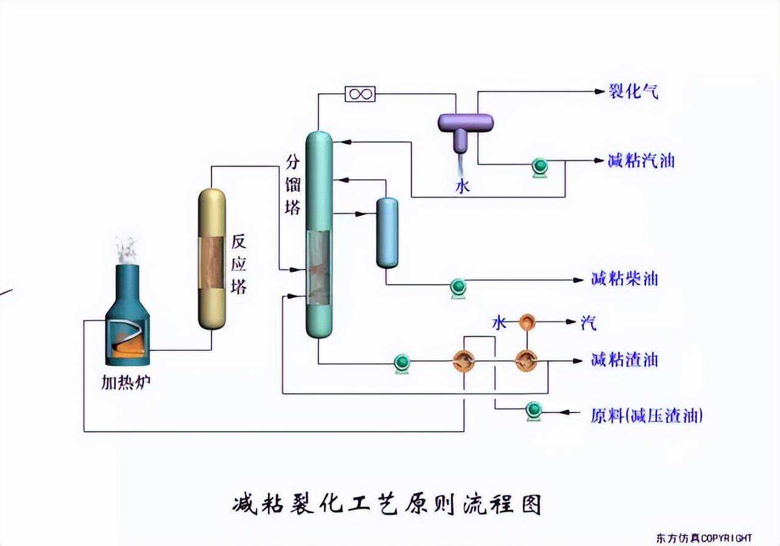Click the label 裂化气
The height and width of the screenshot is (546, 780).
pos(634,92)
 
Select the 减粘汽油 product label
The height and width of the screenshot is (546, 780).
pos(641,161)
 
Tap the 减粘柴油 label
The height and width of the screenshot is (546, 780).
pos(625,280)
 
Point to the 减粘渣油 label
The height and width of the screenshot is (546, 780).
pos(625,360)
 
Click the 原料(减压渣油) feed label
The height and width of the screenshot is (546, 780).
pos(647,416)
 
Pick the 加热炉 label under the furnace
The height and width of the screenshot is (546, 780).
pos(126,383)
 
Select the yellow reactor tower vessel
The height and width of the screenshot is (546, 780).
pos(212,260)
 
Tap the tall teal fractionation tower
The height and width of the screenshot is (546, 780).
pos(319,235)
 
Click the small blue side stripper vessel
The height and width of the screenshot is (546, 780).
pos(387,233)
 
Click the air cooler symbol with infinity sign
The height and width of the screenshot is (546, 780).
pos(360,94)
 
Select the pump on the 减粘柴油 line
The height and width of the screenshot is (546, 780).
pos(458,287)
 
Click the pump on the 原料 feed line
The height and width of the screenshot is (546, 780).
pos(534,411)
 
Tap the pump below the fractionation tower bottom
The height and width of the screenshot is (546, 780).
pos(402,363)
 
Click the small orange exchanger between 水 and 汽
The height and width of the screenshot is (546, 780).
pos(526,322)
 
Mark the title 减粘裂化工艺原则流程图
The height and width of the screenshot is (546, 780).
pos(388,505)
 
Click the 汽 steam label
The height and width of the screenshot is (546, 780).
pos(589,322)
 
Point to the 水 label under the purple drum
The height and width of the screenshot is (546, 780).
pos(463,186)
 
